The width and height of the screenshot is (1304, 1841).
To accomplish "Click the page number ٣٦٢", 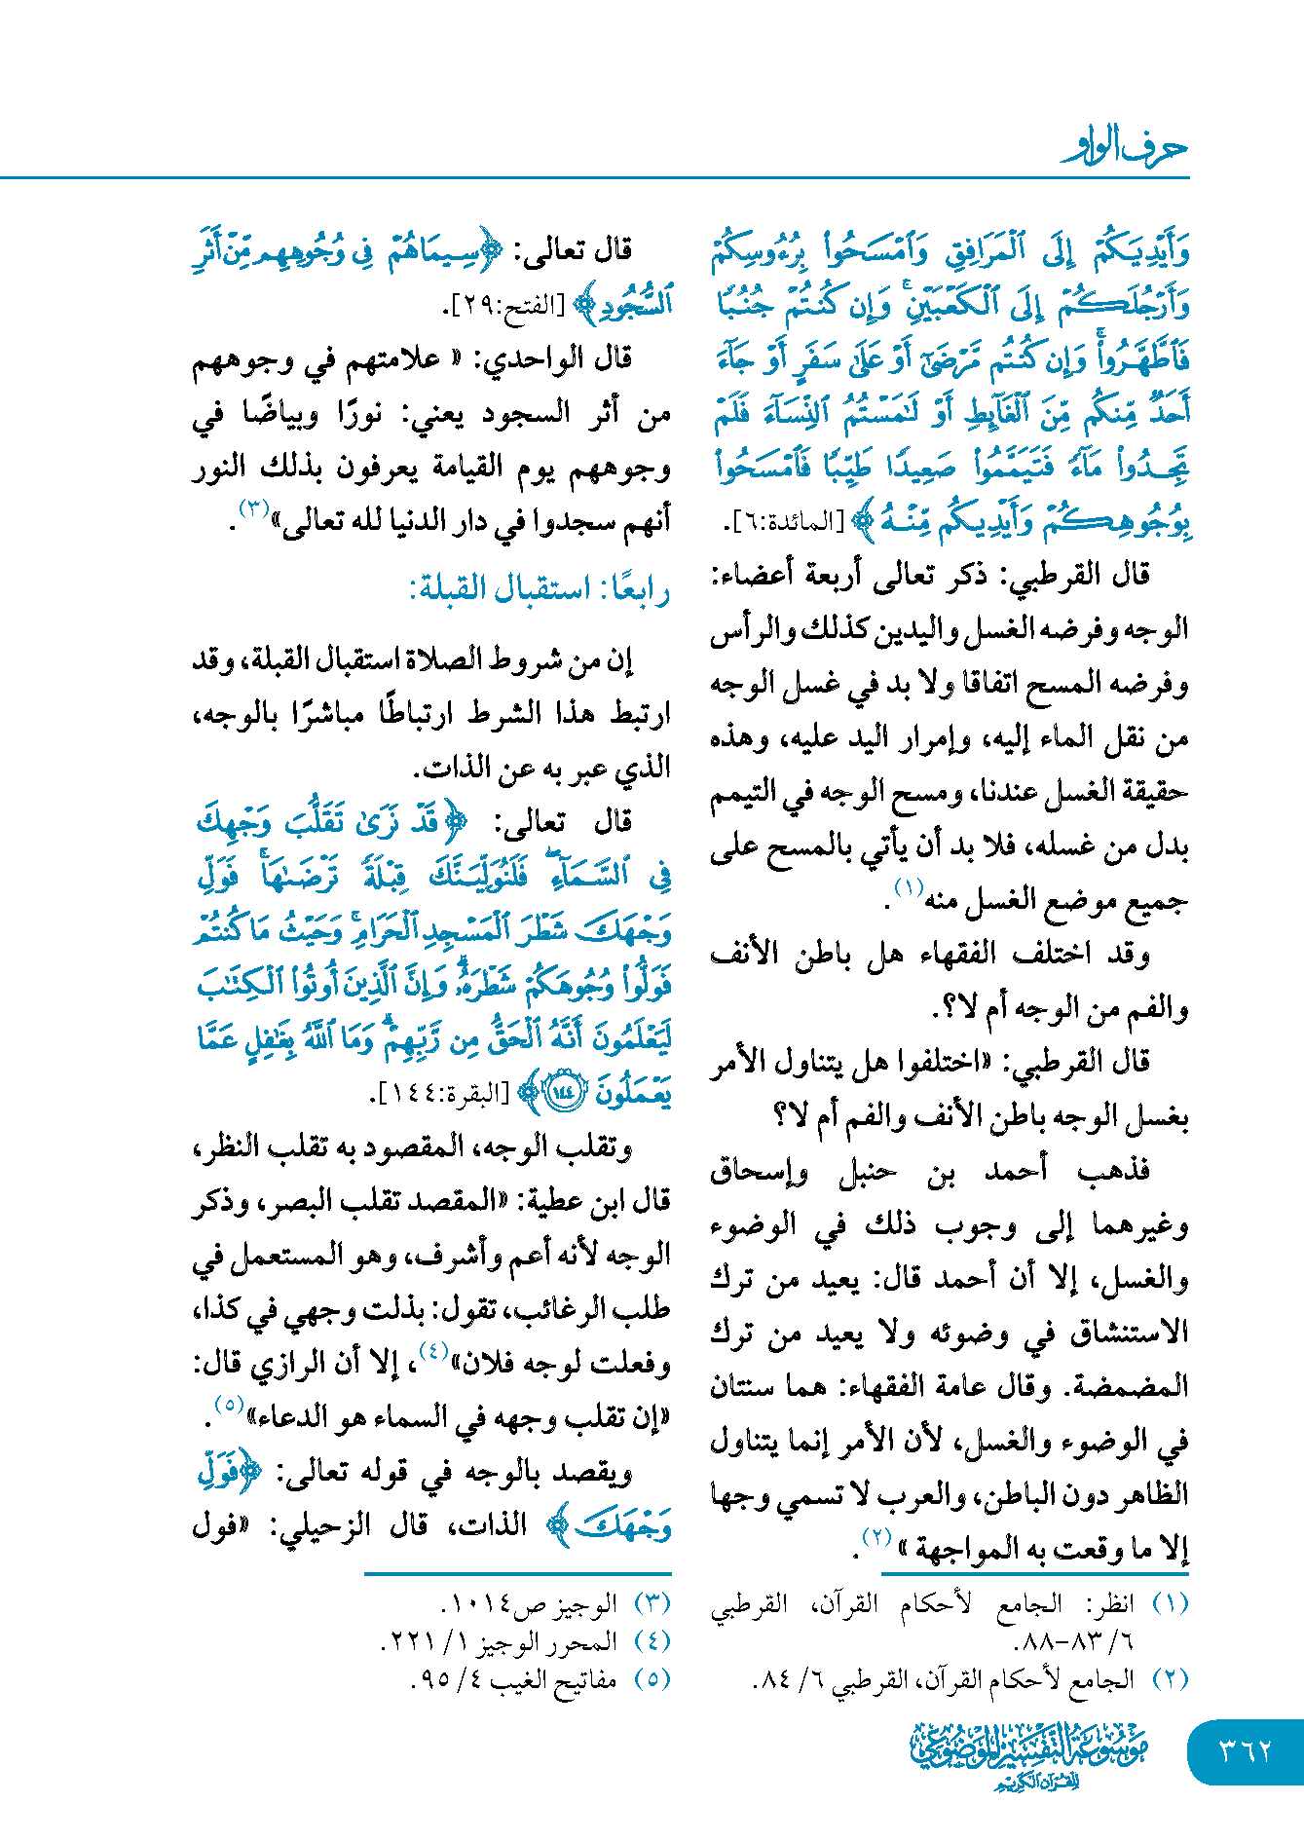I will tap(1246, 1750).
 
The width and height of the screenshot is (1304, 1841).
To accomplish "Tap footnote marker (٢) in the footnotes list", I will tap(1170, 1679).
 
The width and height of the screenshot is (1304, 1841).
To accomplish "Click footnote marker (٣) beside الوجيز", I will tap(652, 1603).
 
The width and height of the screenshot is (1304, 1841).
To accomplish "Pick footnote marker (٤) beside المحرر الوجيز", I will tap(652, 1641).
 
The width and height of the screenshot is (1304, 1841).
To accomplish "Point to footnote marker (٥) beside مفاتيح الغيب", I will tap(652, 1679).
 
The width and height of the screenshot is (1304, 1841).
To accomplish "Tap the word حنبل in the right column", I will tap(867, 1170).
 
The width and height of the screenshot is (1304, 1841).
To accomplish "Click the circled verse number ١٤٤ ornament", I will tap(566, 1093).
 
